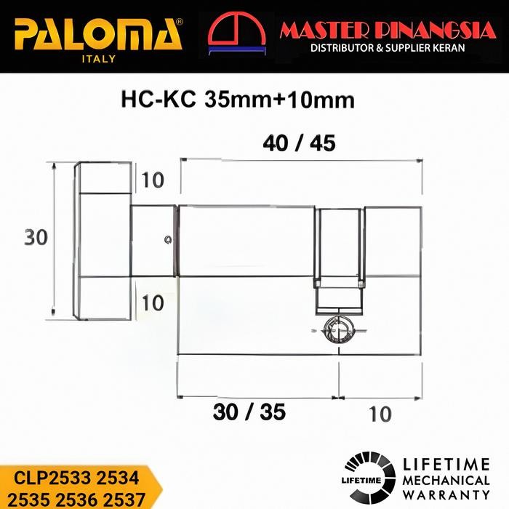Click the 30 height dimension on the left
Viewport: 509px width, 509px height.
[36, 238]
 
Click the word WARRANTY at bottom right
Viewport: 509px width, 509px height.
[446, 495]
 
